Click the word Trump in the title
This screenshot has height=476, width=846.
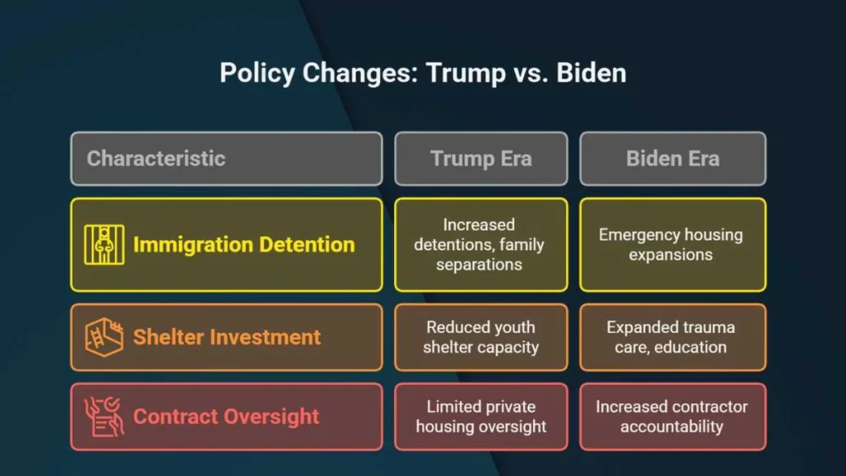[466, 74]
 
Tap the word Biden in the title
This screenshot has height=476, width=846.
[592, 73]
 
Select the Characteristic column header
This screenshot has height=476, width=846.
[226, 159]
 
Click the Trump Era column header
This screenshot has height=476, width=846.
[481, 159]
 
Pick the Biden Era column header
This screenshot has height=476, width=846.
[673, 159]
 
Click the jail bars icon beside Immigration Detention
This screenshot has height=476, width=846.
[104, 245]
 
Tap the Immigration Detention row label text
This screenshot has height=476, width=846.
[244, 245]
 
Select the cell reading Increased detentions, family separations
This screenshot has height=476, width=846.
[481, 245]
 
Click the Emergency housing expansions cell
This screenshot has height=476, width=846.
[673, 245]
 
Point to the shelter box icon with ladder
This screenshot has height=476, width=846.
[104, 337]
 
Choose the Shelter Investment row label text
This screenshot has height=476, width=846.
[226, 337]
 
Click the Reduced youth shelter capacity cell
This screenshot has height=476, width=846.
[481, 337]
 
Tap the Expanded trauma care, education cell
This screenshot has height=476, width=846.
[673, 337]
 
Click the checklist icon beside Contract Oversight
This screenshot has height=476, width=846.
[104, 416]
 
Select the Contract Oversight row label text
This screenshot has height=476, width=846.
[226, 416]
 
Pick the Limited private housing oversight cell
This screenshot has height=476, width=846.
[481, 416]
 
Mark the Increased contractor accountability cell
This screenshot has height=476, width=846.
[673, 416]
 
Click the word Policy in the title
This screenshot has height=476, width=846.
[258, 74]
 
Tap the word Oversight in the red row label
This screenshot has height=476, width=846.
[271, 417]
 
